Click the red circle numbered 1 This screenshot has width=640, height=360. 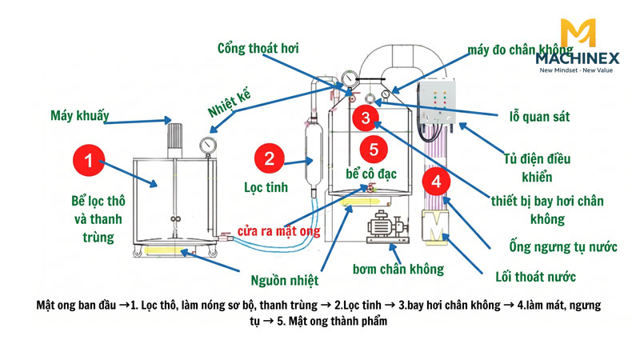coord(89,161)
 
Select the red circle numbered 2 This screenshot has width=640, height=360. coord(270,157)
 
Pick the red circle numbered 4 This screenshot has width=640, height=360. coord(435,182)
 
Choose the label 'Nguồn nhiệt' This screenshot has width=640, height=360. coord(284,280)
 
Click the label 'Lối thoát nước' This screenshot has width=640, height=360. coord(536,277)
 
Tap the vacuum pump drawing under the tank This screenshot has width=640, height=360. coord(387,227)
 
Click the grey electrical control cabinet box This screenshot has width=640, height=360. coord(435,103)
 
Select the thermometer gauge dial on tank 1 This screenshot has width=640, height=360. coord(209,146)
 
